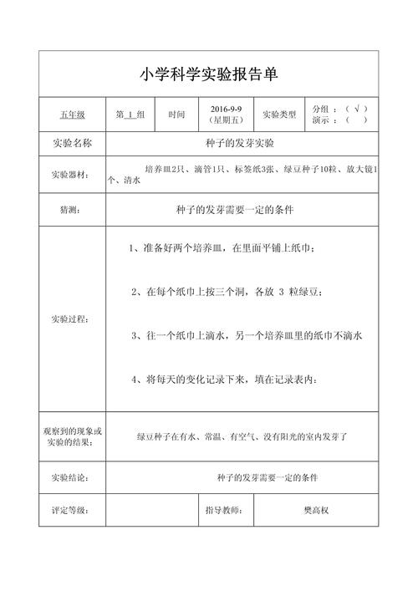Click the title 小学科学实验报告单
coord(208,74)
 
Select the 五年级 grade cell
coord(71,114)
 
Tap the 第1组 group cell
coord(130,114)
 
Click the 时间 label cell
coord(176,114)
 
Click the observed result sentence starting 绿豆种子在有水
coord(242,436)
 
